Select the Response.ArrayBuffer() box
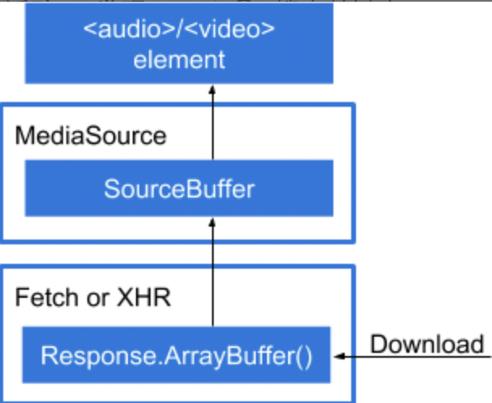pyautogui.click(x=176, y=354)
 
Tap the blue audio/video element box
pyautogui.click(x=179, y=47)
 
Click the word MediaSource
pyautogui.click(x=91, y=134)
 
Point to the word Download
pyautogui.click(x=427, y=343)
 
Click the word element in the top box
pyautogui.click(x=180, y=60)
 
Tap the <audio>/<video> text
pyautogui.click(x=180, y=32)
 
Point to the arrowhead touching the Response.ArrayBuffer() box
pyautogui.click(x=339, y=356)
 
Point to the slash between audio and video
pyautogui.click(x=183, y=32)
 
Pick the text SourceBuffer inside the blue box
pyautogui.click(x=179, y=190)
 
